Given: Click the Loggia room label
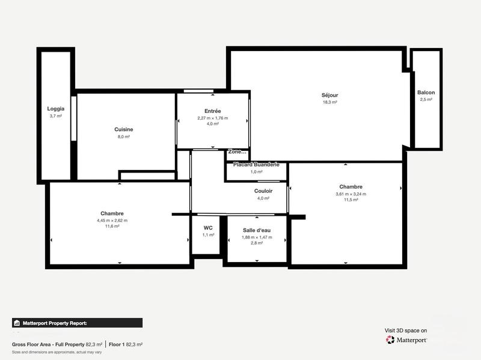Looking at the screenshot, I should click(x=55, y=109).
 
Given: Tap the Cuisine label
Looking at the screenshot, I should click(x=124, y=129).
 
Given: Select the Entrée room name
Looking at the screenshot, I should click(x=213, y=111).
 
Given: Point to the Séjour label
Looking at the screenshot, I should click(x=329, y=95).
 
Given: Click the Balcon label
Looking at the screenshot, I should click(x=426, y=92).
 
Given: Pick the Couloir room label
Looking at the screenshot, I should click(x=263, y=191).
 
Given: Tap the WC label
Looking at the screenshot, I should click(x=208, y=228).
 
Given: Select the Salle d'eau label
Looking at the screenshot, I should click(x=257, y=230).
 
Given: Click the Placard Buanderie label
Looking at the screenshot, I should click(x=256, y=164).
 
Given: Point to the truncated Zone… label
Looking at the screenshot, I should click(x=237, y=151).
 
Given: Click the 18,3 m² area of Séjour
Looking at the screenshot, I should click(x=329, y=102).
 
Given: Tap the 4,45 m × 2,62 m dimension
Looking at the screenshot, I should click(x=112, y=220).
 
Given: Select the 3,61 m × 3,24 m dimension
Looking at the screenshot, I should click(x=351, y=194).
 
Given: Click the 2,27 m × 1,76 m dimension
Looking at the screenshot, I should click(x=213, y=118).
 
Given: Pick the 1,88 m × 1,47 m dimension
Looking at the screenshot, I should click(x=257, y=237).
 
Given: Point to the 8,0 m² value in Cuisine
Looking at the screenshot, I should click(x=124, y=136).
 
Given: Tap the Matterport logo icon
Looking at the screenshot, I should click(x=390, y=340).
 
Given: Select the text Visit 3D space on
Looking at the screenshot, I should click(x=406, y=330).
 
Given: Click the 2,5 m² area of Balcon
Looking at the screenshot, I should click(x=426, y=99).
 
